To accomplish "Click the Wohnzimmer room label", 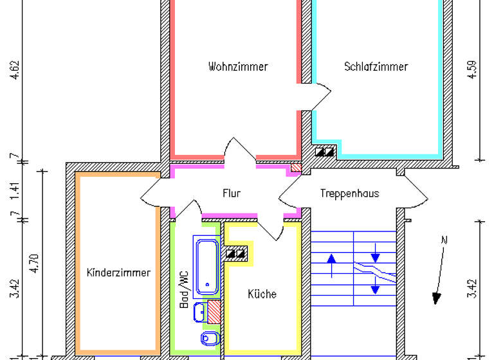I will point(237,67).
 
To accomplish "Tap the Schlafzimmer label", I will point(376,67).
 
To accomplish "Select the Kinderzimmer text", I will point(118,273).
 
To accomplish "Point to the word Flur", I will point(232,193).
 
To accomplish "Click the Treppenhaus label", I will point(349,193).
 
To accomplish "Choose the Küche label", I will point(262,294).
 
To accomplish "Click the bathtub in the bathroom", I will point(207,264).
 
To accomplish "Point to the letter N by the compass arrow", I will point(443,241).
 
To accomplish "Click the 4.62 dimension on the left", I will point(14,69).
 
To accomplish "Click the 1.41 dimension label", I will point(14,192).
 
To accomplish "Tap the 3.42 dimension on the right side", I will point(473,289).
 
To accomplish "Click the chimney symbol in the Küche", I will point(237,253).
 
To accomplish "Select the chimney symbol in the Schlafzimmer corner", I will point(325,152).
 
